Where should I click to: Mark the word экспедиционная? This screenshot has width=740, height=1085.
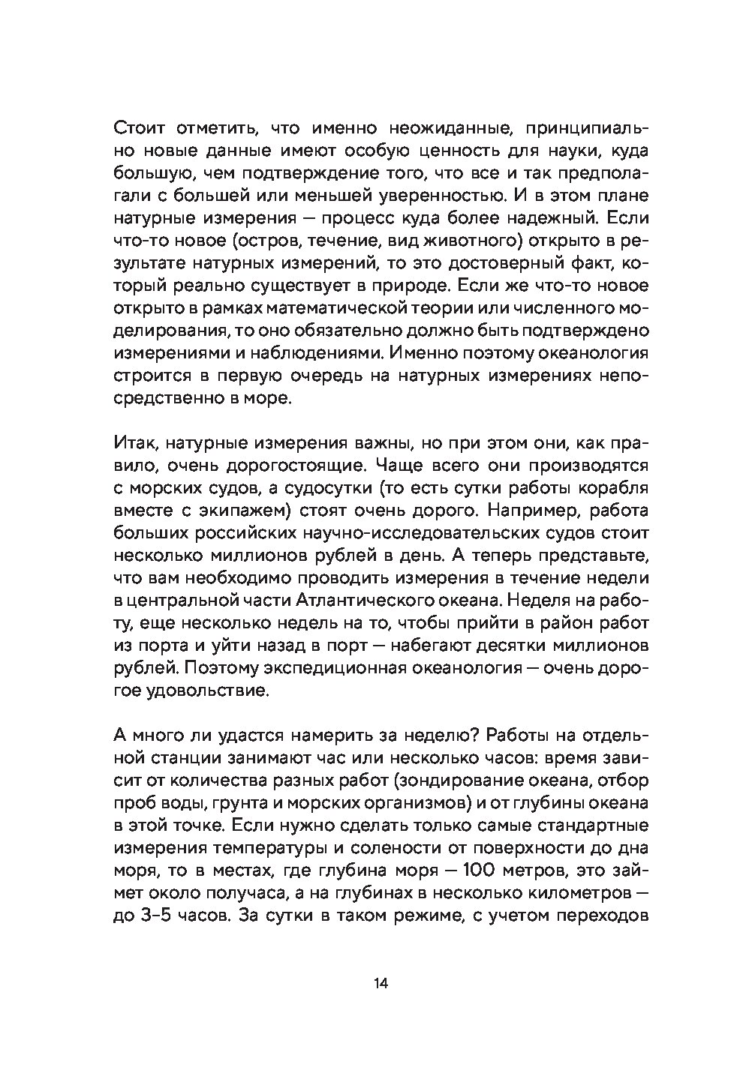[x=350, y=668]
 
